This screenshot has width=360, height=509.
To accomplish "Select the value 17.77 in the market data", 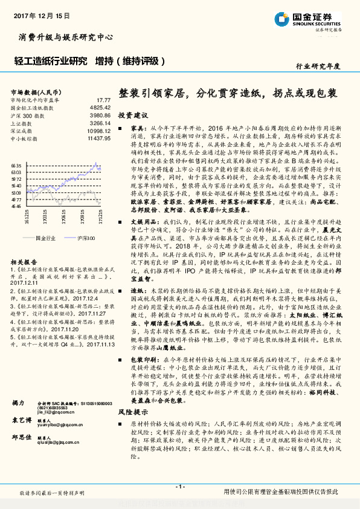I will click(103, 99).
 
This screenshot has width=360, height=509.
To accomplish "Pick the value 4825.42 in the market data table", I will click(100, 107).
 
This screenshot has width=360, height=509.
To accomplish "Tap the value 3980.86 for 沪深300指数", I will click(100, 115).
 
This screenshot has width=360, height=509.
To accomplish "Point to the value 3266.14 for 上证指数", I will click(100, 123).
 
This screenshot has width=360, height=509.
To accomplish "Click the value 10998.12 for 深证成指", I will click(98, 131).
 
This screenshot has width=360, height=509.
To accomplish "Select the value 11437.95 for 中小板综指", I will click(98, 138).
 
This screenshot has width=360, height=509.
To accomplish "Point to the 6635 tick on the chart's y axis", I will click(16, 164).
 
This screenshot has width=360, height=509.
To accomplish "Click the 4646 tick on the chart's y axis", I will click(16, 206).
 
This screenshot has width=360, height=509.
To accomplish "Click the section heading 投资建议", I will click(132, 115).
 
